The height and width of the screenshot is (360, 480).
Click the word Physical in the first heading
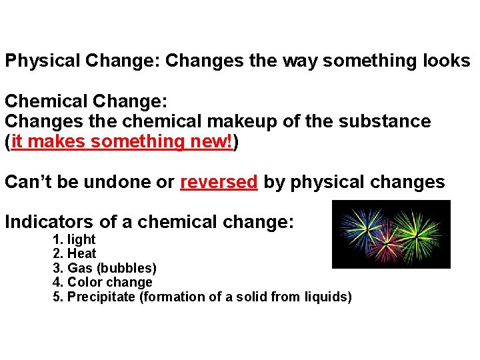(x=43, y=61)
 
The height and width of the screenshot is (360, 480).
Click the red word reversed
(x=219, y=182)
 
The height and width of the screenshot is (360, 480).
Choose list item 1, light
(x=81, y=239)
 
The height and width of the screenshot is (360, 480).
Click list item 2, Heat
(x=82, y=254)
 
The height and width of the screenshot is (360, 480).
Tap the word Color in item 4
(x=83, y=283)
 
